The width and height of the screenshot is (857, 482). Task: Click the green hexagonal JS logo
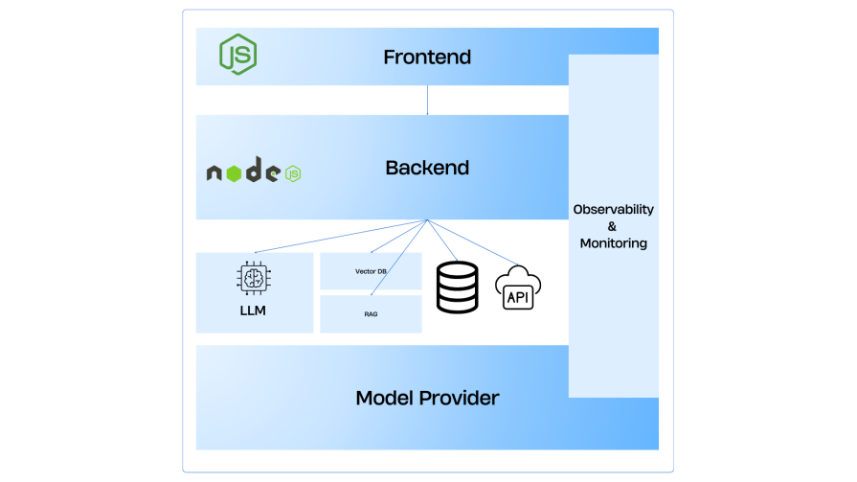coord(237,54)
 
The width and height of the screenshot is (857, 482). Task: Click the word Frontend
coord(427,57)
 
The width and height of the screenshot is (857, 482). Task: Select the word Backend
coord(427,168)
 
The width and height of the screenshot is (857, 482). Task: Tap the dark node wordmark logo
coord(243,172)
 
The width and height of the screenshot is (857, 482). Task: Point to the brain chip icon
coord(253,278)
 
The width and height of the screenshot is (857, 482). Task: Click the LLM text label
coord(253,310)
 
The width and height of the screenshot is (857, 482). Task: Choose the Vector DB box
coord(371,271)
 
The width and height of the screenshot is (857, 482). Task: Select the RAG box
coord(371,313)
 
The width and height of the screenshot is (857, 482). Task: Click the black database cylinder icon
coord(458,287)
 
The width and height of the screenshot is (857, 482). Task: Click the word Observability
coord(613,209)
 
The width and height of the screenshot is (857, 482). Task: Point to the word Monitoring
coord(613,243)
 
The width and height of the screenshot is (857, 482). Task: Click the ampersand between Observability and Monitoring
coord(613,226)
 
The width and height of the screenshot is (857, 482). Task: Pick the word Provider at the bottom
coord(463,398)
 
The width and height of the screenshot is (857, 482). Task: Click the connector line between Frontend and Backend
coord(427,100)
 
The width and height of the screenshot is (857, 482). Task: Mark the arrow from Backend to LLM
coord(340,236)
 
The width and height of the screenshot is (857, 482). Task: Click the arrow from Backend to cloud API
coord(474,243)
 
